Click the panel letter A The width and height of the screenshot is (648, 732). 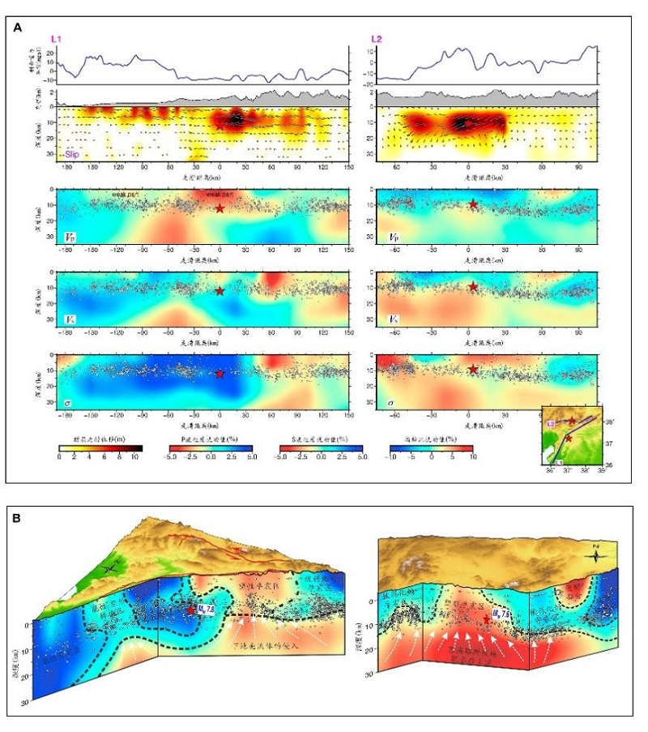pos(19,28)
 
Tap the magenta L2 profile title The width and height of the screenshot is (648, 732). pos(377,39)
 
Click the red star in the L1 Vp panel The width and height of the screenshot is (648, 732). pos(220,208)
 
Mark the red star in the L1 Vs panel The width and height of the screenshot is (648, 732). pos(220,291)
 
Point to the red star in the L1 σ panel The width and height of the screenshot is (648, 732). pos(220,374)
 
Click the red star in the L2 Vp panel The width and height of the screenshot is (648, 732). pos(473,203)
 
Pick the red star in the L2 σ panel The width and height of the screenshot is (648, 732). pos(473,370)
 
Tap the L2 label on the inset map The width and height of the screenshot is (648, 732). pos(550,423)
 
